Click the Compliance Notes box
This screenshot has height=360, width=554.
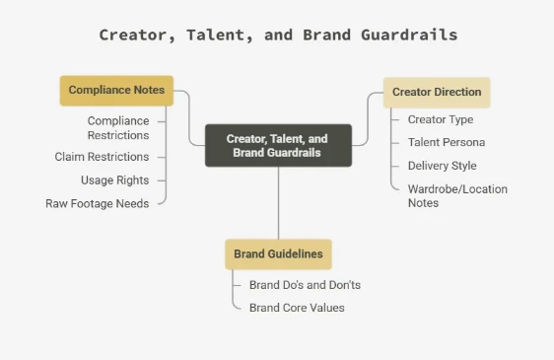[116, 91]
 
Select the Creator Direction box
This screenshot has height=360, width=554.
[437, 93]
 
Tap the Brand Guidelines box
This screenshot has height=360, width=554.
[278, 254]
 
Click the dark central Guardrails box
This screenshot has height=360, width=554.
[278, 145]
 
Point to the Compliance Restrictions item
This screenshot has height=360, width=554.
[118, 128]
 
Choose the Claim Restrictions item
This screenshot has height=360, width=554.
[102, 157]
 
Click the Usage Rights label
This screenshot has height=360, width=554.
[114, 180]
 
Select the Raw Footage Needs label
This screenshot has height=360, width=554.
[98, 204]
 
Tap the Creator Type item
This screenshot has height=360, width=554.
[441, 119]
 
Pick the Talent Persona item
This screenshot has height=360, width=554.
[447, 142]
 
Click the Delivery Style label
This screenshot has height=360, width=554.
[443, 166]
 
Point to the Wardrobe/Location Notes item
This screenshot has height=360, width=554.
[457, 196]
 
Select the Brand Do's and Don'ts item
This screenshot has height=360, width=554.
[305, 285]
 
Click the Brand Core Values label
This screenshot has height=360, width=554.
[297, 308]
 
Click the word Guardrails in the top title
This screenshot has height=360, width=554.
[409, 35]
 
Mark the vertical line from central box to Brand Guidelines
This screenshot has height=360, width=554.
[278, 203]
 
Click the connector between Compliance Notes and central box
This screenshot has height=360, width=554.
[189, 117]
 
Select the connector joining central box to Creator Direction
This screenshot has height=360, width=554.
[368, 118]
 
